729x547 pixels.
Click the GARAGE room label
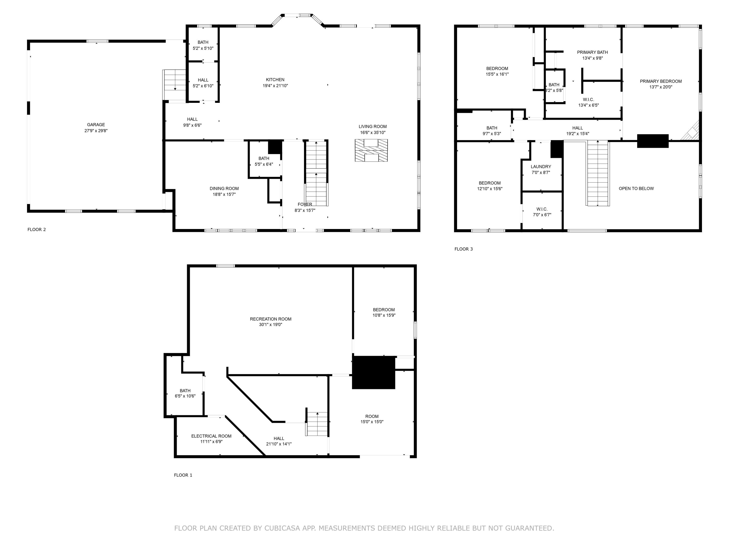[x=96, y=125]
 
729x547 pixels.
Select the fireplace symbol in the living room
[x=371, y=150]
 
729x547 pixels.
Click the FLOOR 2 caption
[x=37, y=229]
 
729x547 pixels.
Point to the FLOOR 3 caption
[x=463, y=249]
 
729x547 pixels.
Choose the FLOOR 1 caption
[x=183, y=475]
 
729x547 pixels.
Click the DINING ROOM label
[x=224, y=189]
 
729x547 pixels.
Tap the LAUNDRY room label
[x=541, y=167]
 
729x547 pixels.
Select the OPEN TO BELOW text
[x=636, y=189]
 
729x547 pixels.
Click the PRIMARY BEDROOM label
[x=661, y=81]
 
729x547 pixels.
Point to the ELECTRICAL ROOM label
[x=211, y=436]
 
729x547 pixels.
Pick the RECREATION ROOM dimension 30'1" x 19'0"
[x=270, y=325]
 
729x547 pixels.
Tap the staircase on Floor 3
[x=598, y=173]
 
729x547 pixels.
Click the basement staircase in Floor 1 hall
[x=317, y=424]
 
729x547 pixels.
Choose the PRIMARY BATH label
[x=592, y=52]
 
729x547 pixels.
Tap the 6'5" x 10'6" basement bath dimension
[x=185, y=396]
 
